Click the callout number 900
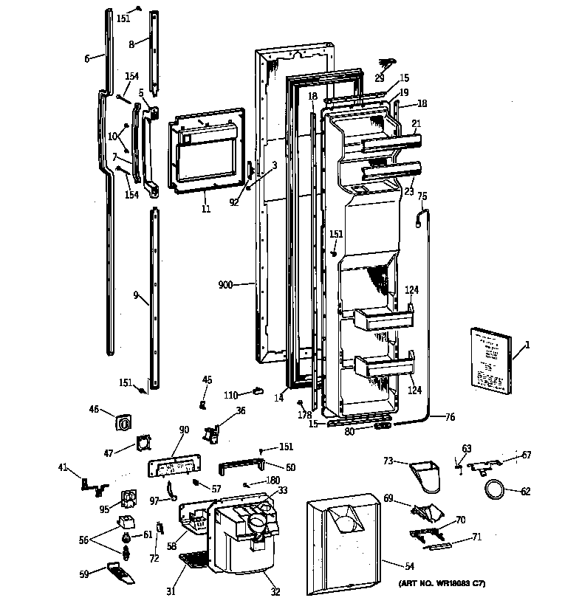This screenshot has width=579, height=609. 225,283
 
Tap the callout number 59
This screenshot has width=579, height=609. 86,573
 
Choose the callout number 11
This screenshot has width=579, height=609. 205,210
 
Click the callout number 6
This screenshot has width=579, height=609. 86,58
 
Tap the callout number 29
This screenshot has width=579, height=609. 379,78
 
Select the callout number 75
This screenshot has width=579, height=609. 422,196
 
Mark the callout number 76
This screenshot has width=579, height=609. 450,418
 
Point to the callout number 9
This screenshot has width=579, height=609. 136,295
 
